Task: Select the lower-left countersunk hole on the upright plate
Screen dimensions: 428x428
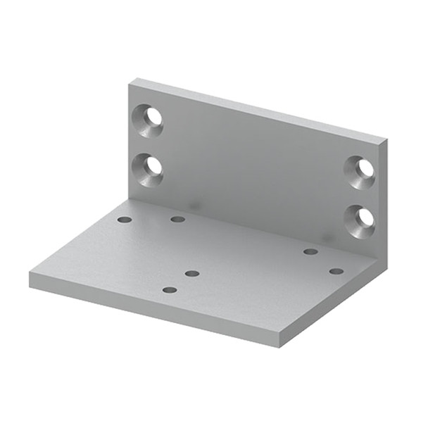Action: [x=150, y=170]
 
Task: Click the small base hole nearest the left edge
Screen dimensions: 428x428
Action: [x=125, y=220]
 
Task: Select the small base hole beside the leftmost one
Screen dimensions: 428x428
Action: [x=178, y=219]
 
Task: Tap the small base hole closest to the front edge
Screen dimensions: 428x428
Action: [x=170, y=289]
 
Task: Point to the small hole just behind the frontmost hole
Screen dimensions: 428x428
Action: [x=192, y=273]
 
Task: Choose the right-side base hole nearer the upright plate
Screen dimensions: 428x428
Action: [x=310, y=251]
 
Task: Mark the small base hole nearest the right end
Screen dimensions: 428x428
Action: [x=336, y=271]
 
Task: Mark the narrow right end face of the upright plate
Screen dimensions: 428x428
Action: [x=383, y=197]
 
